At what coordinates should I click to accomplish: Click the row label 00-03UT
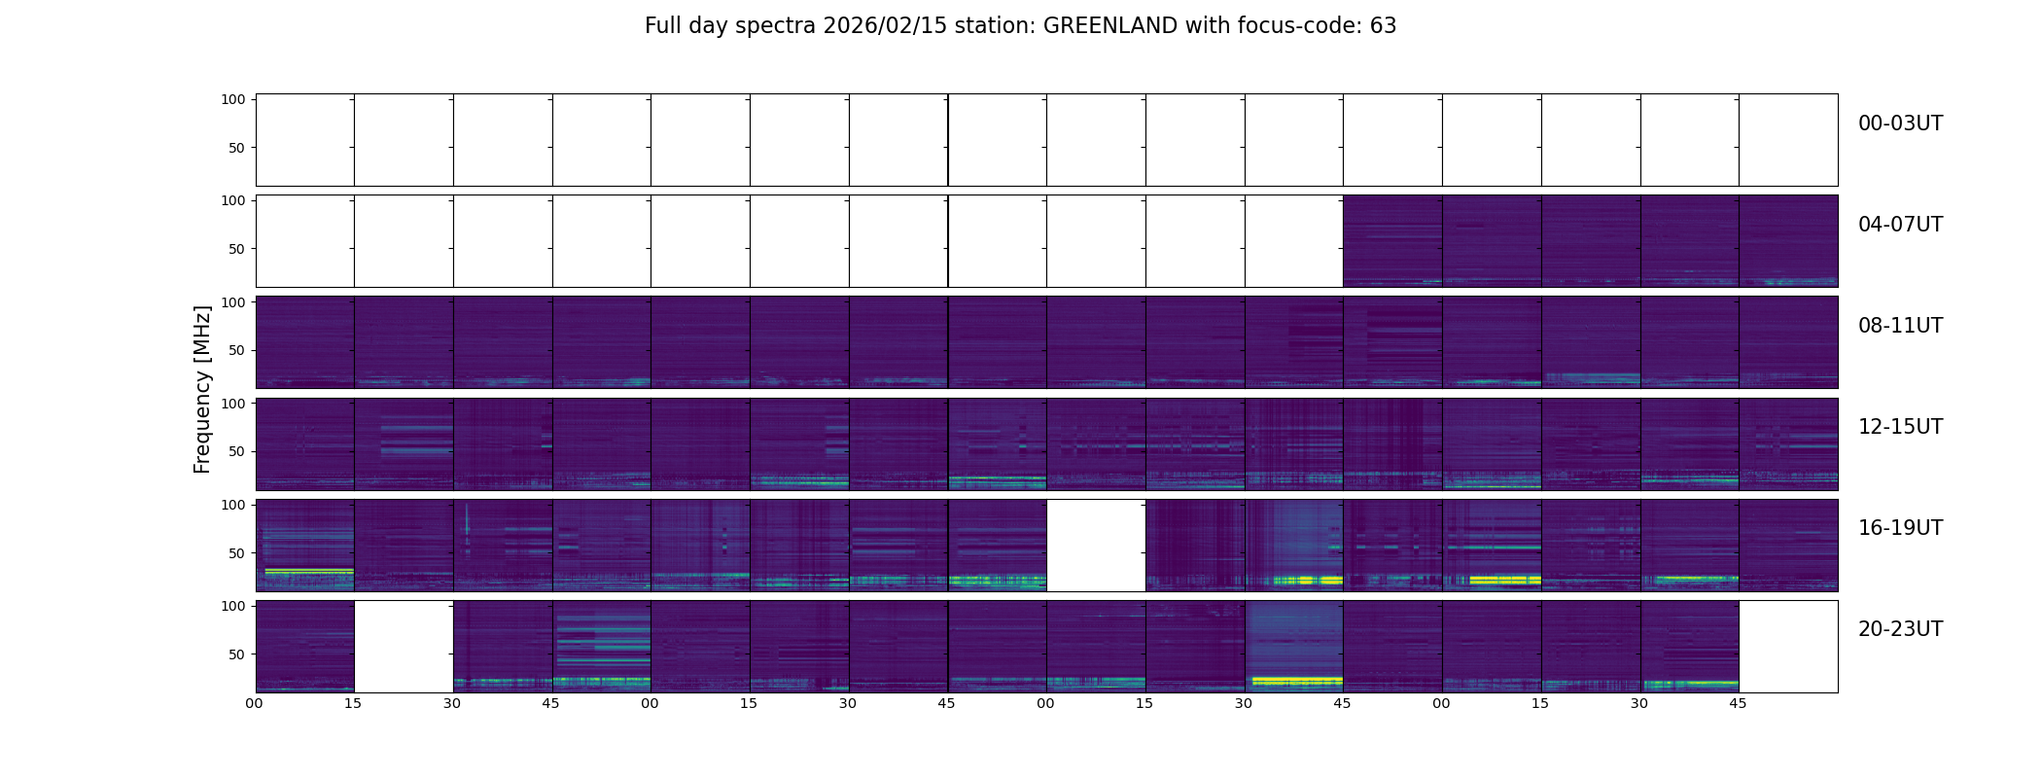(x=1900, y=124)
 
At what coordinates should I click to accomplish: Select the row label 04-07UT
(x=1900, y=225)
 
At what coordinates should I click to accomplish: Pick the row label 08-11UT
(x=1900, y=326)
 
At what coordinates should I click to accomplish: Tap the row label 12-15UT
(x=1900, y=427)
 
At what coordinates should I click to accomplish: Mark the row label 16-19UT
(x=1900, y=528)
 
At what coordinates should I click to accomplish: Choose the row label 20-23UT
(x=1900, y=629)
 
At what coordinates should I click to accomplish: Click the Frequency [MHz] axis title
(x=202, y=389)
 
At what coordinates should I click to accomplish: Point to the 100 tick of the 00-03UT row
(x=233, y=99)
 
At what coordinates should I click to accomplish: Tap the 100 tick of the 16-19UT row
(x=233, y=505)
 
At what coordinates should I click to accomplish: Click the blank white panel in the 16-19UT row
(x=1096, y=546)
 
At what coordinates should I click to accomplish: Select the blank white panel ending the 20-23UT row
(x=1788, y=647)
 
